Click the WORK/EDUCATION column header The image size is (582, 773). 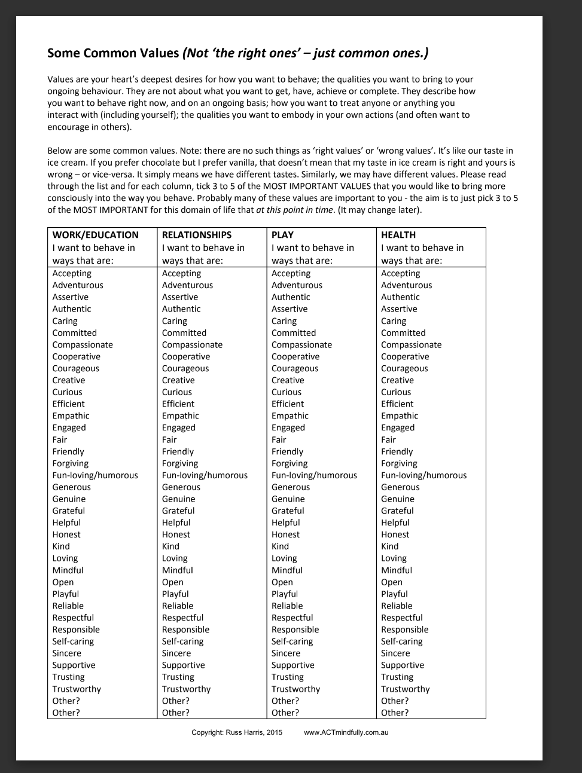pos(95,235)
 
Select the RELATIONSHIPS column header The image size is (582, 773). pos(196,235)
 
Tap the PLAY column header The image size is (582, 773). pos(282,235)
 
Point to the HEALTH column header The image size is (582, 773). pos(398,235)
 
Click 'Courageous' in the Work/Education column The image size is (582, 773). pos(75,368)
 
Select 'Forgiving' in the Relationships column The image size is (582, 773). pos(179,463)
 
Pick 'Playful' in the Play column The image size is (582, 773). pos(284,594)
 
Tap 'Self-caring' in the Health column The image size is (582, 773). pos(401,641)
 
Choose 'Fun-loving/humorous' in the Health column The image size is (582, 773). pos(423,475)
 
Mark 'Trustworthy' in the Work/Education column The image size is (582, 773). pos(77,689)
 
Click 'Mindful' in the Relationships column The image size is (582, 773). pos(177,570)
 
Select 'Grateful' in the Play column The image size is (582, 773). pos(288,511)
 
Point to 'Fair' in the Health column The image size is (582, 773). pos(388,439)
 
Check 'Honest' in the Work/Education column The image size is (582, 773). pos(66,534)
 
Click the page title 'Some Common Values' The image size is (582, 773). pos(113,53)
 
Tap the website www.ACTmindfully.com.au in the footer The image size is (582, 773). pos(346,732)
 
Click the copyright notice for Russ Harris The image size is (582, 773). pos(237,732)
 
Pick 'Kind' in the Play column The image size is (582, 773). pos(280,546)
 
